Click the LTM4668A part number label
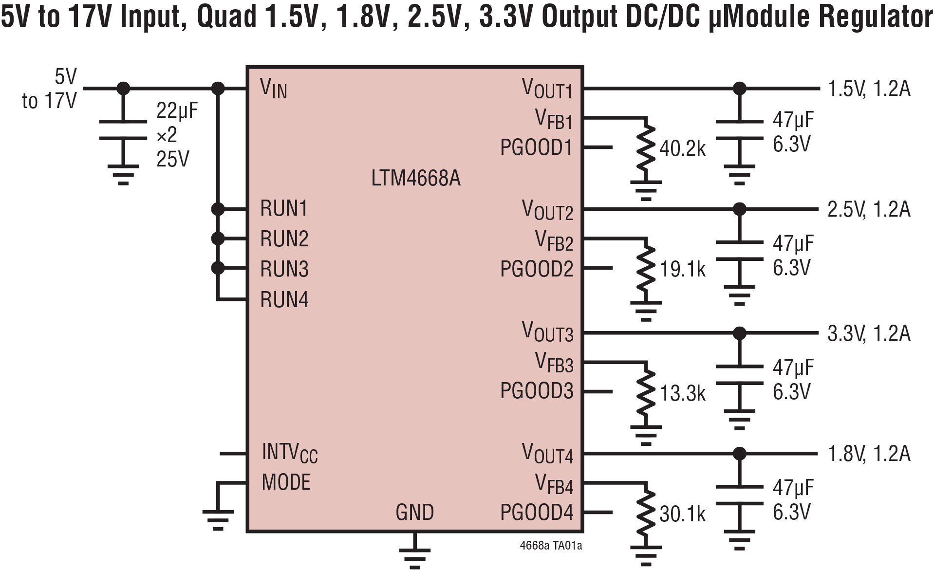click(x=415, y=179)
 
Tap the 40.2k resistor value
click(x=682, y=148)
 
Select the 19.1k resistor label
click(x=682, y=269)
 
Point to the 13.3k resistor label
click(x=682, y=393)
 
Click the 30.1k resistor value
click(x=682, y=514)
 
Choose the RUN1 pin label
click(x=284, y=209)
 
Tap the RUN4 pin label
click(x=284, y=299)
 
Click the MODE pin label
click(x=286, y=482)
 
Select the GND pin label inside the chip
click(x=414, y=513)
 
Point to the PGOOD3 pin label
click(x=537, y=391)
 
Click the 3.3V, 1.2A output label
click(x=869, y=334)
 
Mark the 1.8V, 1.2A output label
click(x=869, y=454)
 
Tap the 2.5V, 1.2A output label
click(x=869, y=209)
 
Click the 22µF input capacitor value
click(x=177, y=111)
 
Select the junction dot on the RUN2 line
click(x=218, y=239)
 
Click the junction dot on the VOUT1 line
click(x=739, y=88)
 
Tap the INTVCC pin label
click(x=289, y=453)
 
